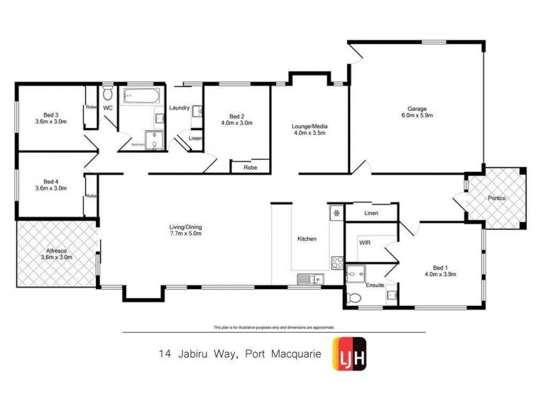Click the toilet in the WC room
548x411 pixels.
(x=108, y=94)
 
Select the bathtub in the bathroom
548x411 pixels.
(x=142, y=95)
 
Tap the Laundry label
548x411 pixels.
(x=179, y=108)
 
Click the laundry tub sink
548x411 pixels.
(x=197, y=112)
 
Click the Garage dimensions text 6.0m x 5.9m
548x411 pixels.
(x=416, y=116)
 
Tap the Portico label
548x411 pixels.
(x=497, y=198)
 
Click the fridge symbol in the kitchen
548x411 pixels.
(x=336, y=213)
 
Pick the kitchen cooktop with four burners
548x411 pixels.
(x=336, y=262)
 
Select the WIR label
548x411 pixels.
(x=364, y=242)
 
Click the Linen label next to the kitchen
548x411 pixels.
(x=371, y=213)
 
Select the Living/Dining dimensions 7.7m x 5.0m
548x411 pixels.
(x=186, y=234)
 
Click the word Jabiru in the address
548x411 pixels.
(x=198, y=354)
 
